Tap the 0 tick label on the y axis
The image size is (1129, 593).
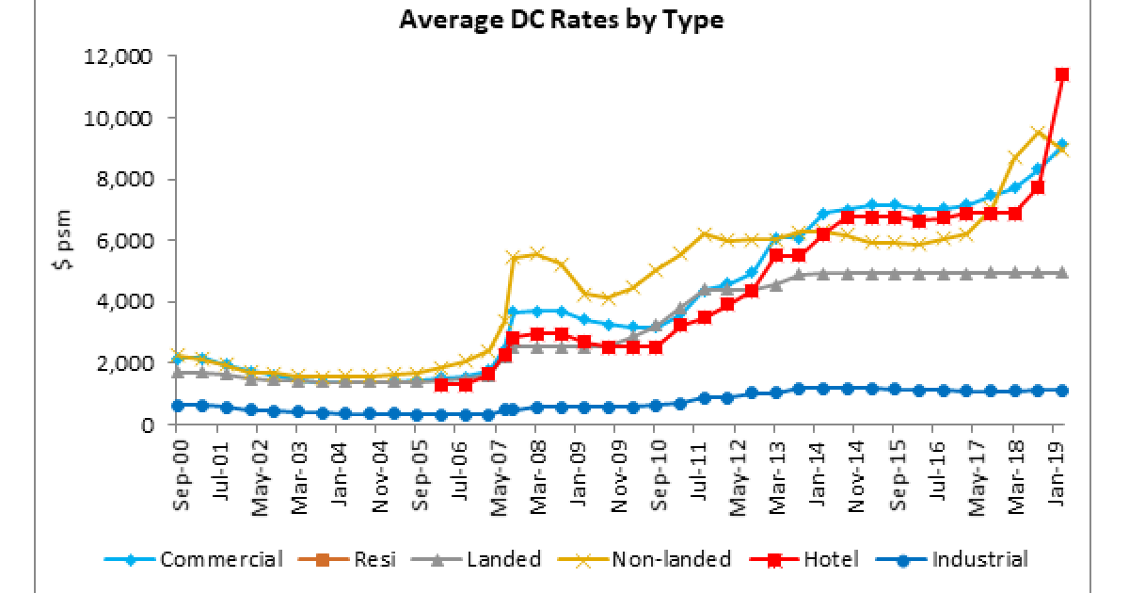coord(146,425)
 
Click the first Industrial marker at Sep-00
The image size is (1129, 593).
coord(177,406)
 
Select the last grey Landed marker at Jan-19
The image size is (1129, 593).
coord(1060,273)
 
